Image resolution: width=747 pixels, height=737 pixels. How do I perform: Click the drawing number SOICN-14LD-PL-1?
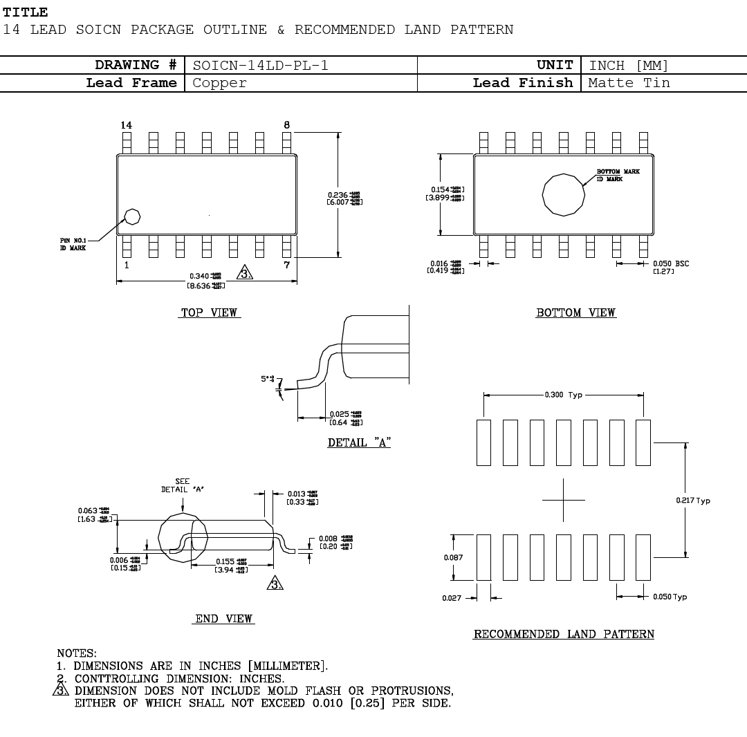pos(260,66)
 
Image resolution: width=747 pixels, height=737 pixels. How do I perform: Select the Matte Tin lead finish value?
pos(629,83)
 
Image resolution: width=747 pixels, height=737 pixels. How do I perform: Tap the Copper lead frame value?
pos(219,83)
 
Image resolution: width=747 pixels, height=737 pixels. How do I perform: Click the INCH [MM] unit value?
pos(629,66)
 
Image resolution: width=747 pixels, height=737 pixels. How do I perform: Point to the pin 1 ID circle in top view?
pos(132,216)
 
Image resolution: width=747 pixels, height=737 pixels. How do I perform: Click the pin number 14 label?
pos(126,125)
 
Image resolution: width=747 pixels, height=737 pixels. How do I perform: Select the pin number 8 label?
pos(287,125)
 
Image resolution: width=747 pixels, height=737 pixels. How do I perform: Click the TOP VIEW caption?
pos(209,313)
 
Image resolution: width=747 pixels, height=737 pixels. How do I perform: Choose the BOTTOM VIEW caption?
pos(575,313)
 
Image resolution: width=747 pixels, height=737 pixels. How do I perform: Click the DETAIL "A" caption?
pos(359,443)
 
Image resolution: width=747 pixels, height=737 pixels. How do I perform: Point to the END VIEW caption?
pos(223,619)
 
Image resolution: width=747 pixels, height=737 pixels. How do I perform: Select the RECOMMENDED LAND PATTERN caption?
pos(564,635)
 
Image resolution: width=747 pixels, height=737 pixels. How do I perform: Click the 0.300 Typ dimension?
pos(564,395)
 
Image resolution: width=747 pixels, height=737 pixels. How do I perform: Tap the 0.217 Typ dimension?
pos(693,501)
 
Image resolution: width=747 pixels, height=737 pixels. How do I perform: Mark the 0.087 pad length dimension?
pos(453,557)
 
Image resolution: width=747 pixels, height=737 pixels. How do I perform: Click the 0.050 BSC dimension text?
pos(670,263)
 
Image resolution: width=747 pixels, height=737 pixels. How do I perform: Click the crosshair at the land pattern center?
pos(564,500)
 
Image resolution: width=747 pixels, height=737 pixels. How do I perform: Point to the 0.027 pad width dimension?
pos(451,598)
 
